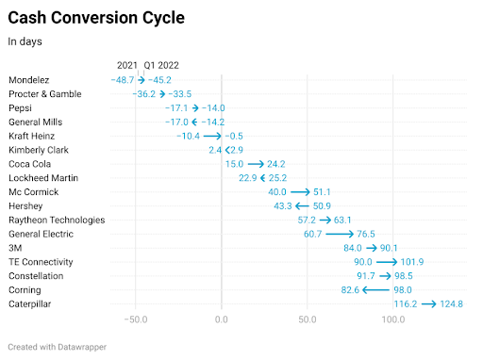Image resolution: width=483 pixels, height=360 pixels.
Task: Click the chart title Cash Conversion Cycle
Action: (96, 18)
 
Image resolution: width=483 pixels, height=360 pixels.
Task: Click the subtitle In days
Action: (26, 41)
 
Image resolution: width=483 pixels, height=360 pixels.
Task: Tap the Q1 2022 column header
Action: (161, 66)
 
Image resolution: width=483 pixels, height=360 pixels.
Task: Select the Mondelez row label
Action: (29, 80)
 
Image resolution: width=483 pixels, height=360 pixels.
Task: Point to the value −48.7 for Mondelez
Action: (122, 80)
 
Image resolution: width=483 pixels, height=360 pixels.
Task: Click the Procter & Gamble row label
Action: (47, 94)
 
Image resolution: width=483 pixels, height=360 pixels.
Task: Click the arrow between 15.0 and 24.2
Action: (255, 164)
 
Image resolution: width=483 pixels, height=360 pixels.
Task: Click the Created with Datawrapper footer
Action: (58, 346)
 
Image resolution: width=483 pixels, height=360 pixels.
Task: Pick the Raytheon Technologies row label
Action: (56, 220)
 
